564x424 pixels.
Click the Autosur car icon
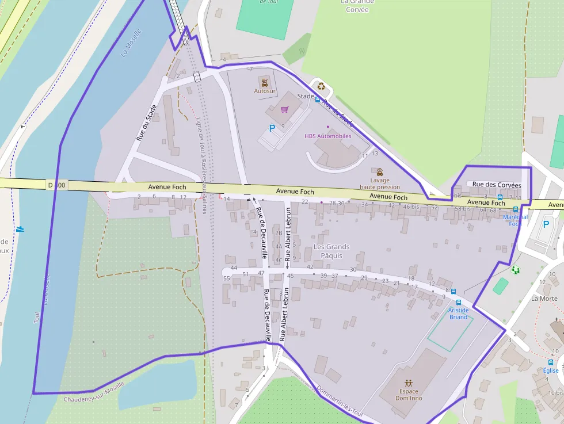coord(264,82)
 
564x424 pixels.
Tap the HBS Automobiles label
coord(327,136)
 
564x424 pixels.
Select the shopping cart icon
coord(284,109)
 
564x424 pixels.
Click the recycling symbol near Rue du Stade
coord(321,87)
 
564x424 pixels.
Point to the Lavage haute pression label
coord(380,183)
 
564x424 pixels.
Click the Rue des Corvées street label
coord(496,185)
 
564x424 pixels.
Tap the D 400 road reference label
coord(57,185)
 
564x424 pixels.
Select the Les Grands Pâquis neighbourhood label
coord(331,251)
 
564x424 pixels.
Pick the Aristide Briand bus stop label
coord(459,314)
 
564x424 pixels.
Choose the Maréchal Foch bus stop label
coord(515,220)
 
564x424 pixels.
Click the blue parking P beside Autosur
coord(272,128)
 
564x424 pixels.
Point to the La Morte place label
coord(544,299)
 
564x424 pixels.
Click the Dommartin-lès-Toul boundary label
coord(341,404)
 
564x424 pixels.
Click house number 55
coord(227,278)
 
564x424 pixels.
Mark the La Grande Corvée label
coord(358,6)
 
